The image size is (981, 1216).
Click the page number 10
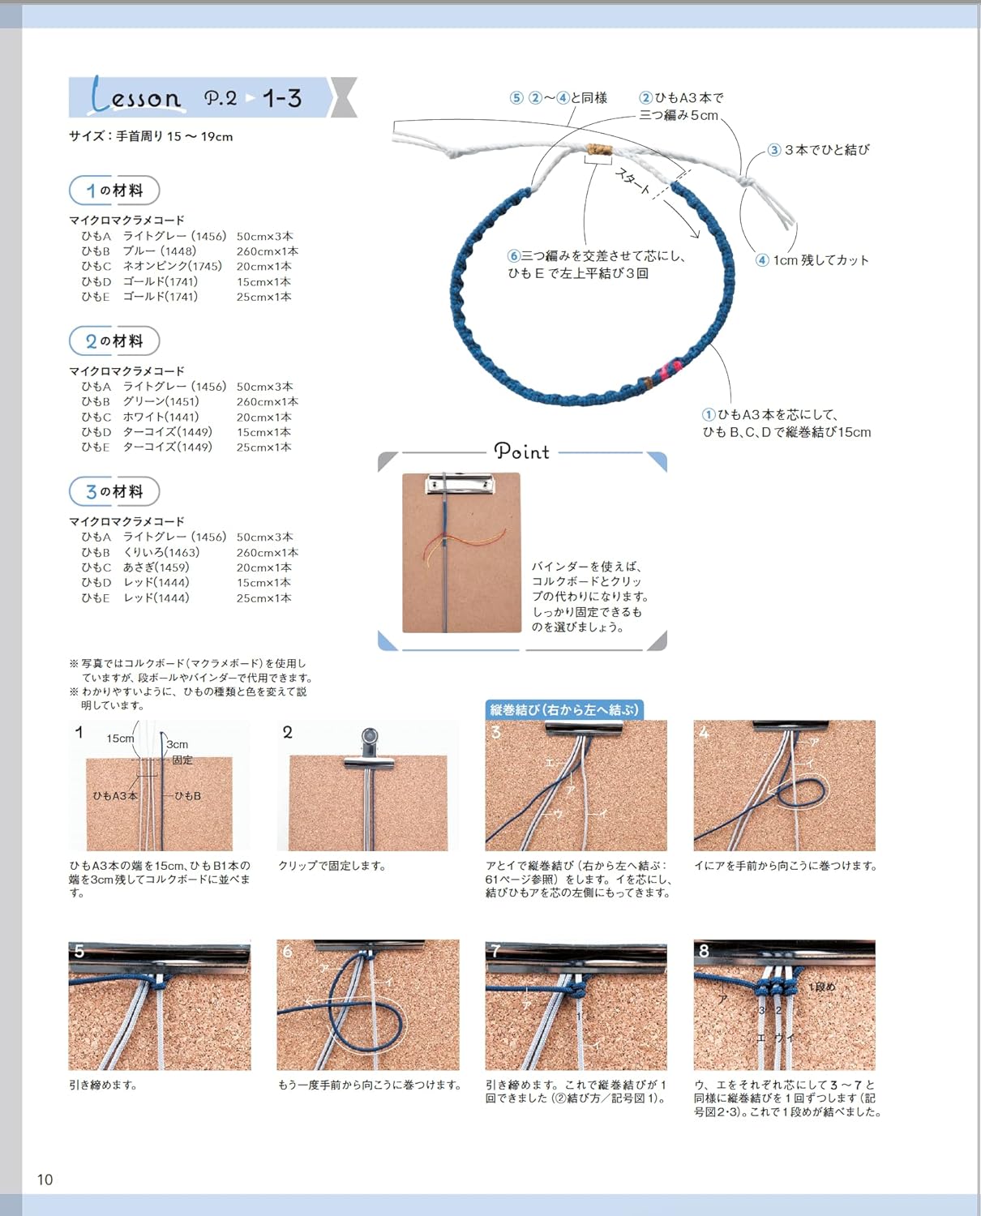click(x=45, y=1179)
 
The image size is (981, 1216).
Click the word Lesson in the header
click(x=136, y=97)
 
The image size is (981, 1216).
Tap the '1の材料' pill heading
click(x=114, y=191)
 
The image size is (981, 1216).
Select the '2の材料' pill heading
click(x=114, y=341)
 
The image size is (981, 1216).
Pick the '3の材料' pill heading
click(x=114, y=492)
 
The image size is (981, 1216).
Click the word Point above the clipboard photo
click(x=522, y=452)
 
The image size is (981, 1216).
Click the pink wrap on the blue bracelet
click(x=670, y=369)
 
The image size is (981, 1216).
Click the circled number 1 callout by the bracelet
click(x=709, y=415)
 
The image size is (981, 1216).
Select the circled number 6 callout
click(x=514, y=256)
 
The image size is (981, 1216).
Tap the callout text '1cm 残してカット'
click(x=820, y=260)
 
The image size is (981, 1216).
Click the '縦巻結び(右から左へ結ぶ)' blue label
click(x=564, y=710)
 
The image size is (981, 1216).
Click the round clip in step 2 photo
click(x=369, y=739)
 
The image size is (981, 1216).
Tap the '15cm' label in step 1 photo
click(x=120, y=739)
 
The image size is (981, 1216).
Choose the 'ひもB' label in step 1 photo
click(x=187, y=796)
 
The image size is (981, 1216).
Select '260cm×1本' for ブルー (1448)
click(x=267, y=251)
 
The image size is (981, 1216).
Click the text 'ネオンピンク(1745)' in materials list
click(x=172, y=266)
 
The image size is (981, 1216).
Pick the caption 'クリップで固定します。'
click(x=332, y=866)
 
